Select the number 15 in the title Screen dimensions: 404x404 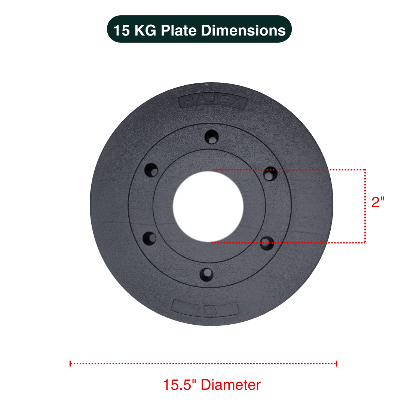122,30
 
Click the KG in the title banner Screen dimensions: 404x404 146,30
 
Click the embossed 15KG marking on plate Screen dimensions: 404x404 204,309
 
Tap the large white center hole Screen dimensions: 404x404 208,205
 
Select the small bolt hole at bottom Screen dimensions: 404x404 206,275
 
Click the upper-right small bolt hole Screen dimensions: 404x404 270,173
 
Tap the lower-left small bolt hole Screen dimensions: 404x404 150,237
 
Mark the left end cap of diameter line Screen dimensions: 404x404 70,363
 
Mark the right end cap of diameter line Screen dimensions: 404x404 337,363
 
